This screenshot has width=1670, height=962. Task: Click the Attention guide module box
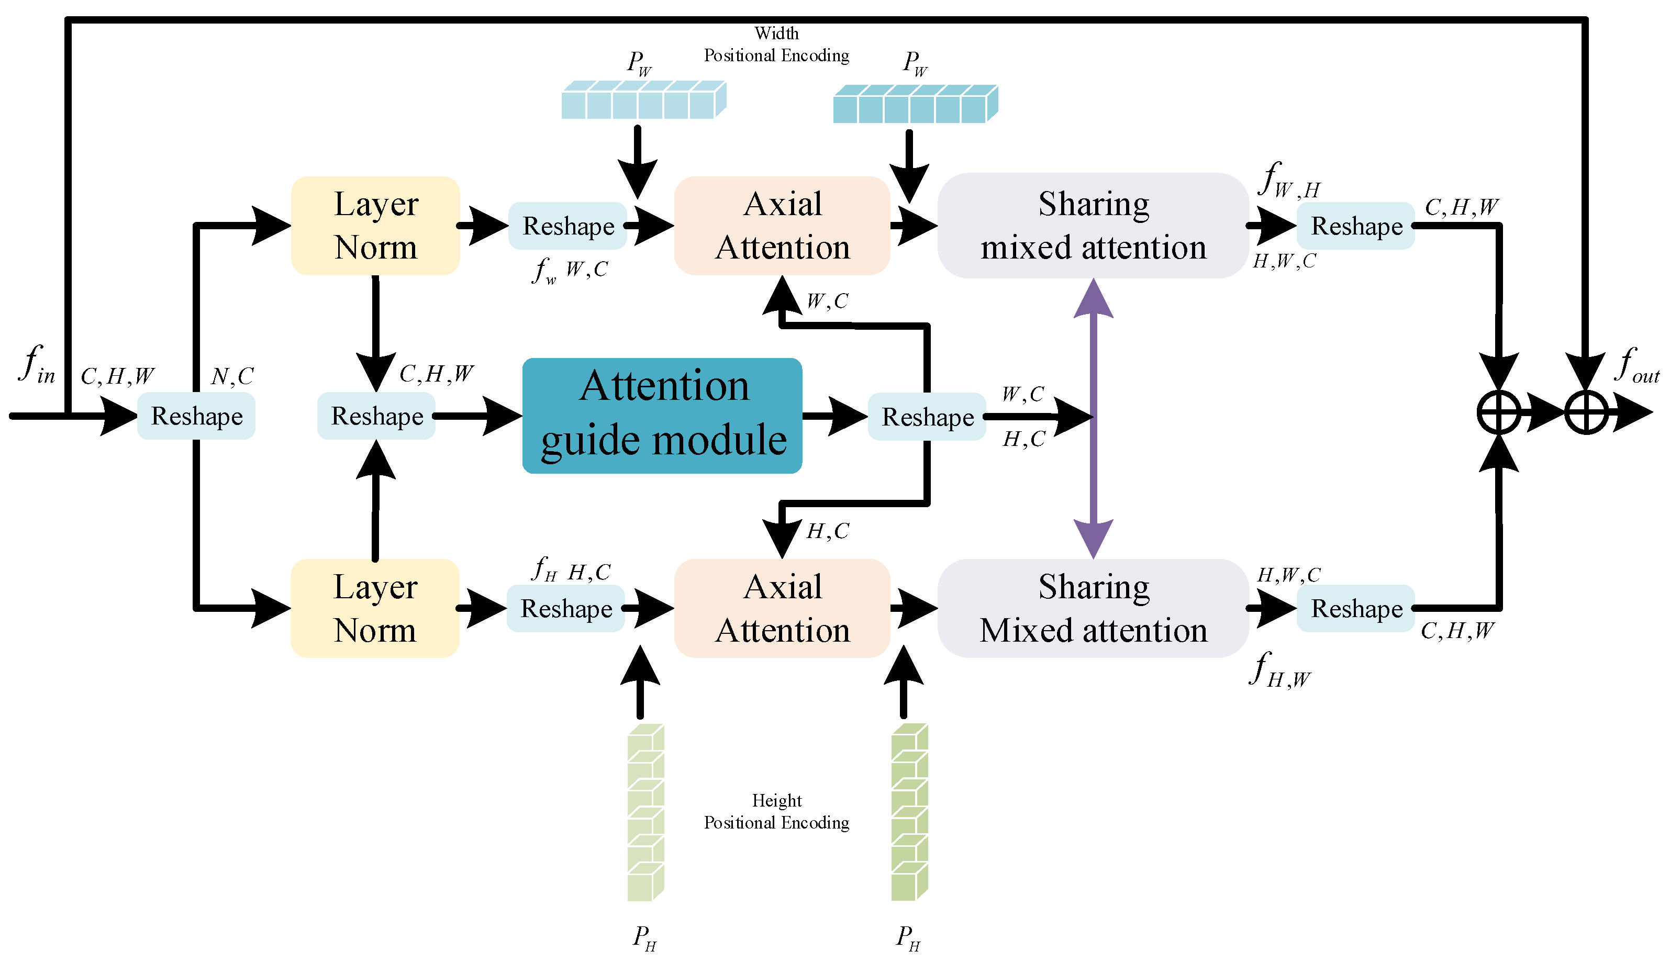[662, 415]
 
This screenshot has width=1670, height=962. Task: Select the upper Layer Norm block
[375, 225]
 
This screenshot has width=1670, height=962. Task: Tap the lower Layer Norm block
[375, 608]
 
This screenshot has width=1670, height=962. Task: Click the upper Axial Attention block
[782, 225]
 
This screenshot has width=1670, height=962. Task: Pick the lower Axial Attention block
[782, 608]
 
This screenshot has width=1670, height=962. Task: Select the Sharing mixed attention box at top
[1093, 225]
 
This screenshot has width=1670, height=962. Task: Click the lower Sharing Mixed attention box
[1093, 608]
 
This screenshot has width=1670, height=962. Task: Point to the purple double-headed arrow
[1093, 476]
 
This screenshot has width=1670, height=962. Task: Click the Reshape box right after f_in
[196, 416]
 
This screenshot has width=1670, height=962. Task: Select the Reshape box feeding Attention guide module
[376, 416]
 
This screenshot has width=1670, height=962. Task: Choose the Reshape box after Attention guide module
[927, 416]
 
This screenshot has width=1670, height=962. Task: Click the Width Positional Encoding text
[776, 45]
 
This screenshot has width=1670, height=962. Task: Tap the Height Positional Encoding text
[776, 811]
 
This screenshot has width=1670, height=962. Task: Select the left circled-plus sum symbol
[1498, 413]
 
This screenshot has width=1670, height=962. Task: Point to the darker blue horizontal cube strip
[915, 104]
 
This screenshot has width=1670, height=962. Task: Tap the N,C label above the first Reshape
[232, 377]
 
